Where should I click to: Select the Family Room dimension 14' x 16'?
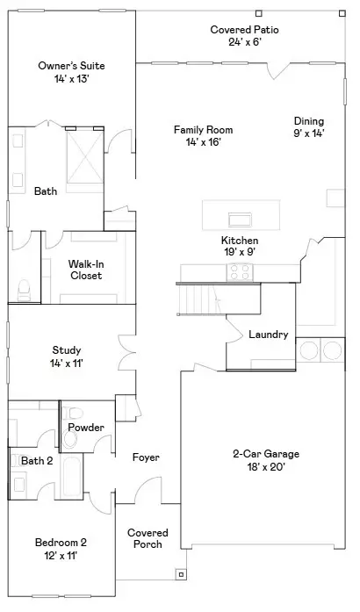(203, 142)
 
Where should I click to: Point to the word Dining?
(308, 121)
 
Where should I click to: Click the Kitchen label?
(239, 240)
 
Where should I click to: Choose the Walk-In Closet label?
(86, 270)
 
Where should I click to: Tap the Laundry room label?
(269, 335)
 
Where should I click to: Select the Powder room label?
(86, 428)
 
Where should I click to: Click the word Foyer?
(145, 457)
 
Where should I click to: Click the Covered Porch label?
(148, 538)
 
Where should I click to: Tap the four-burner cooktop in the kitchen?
(240, 273)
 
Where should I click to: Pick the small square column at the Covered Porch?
(181, 575)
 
